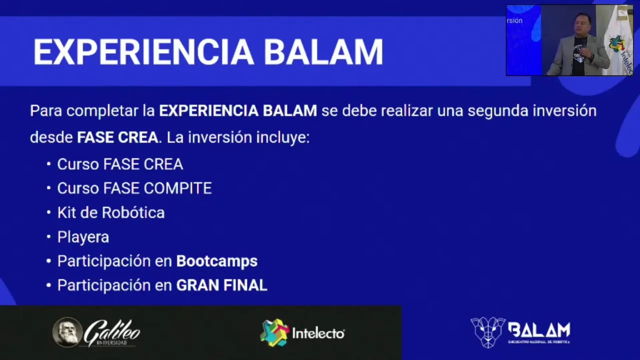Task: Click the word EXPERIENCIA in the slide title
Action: [143, 52]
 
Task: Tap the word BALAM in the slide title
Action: [323, 52]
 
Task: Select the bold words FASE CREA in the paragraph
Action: [117, 137]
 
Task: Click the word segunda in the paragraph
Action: [497, 111]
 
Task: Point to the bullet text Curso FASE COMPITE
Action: [134, 188]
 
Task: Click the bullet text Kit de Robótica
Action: [111, 212]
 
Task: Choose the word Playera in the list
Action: [83, 237]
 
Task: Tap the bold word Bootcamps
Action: [217, 261]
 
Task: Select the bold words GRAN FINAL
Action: [221, 285]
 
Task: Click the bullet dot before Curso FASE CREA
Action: [48, 164]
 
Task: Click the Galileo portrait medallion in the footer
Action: [67, 332]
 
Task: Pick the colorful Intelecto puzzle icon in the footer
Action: [274, 332]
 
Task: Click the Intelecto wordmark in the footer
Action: [318, 333]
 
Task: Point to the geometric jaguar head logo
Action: [488, 332]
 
